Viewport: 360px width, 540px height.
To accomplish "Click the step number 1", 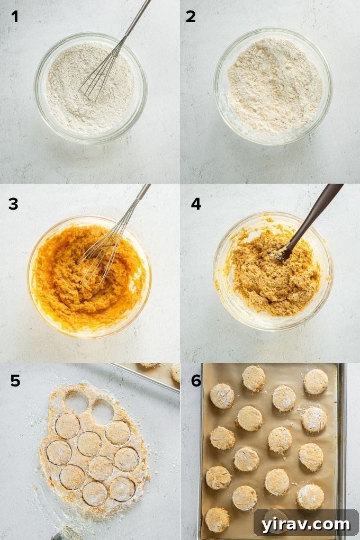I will click(15, 17).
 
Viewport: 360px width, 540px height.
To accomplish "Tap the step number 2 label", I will click(191, 17).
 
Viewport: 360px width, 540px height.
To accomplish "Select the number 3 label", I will click(14, 203).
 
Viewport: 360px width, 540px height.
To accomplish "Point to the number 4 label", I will click(196, 203).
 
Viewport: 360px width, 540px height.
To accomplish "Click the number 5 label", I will click(15, 380).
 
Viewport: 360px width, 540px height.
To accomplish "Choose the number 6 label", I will click(196, 380).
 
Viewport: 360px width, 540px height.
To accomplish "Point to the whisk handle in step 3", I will click(140, 196).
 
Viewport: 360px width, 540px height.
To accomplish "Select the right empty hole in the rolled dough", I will click(103, 412).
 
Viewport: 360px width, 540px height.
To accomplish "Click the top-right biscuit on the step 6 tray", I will click(316, 381).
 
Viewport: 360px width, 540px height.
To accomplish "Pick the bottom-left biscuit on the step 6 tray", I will click(218, 519).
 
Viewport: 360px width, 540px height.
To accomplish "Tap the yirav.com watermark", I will click(305, 524).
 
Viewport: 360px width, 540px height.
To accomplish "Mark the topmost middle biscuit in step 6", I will click(254, 378).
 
